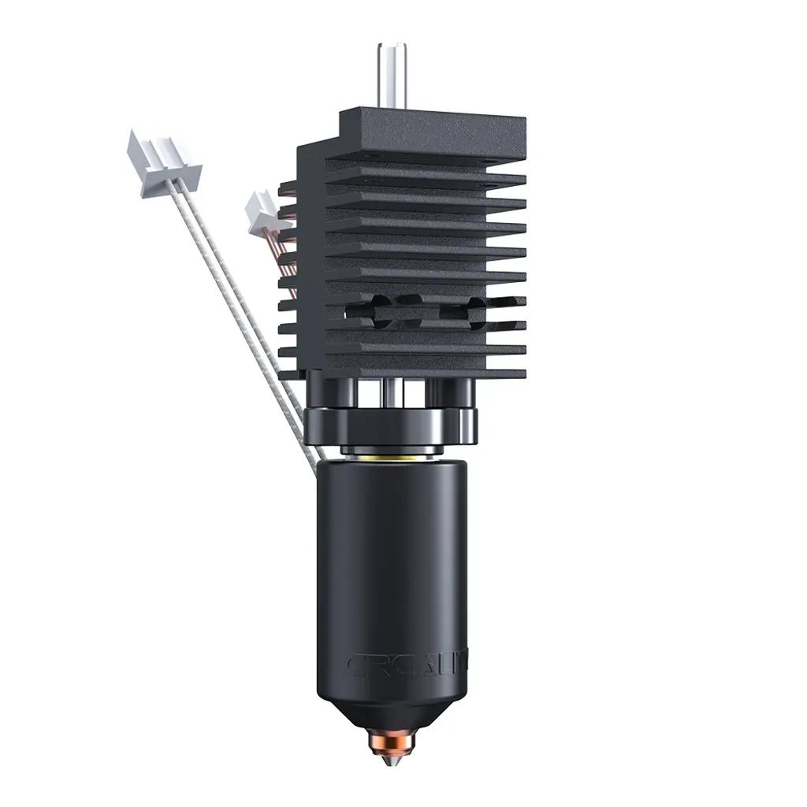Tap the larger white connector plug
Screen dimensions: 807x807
click(164, 165)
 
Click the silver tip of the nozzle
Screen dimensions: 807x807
click(391, 760)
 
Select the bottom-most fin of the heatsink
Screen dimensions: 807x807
click(426, 373)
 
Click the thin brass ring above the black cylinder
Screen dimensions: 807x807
click(391, 456)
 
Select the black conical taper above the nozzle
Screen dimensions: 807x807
click(391, 713)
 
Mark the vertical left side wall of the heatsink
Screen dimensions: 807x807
click(311, 260)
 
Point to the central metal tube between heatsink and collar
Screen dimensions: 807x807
click(392, 392)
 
